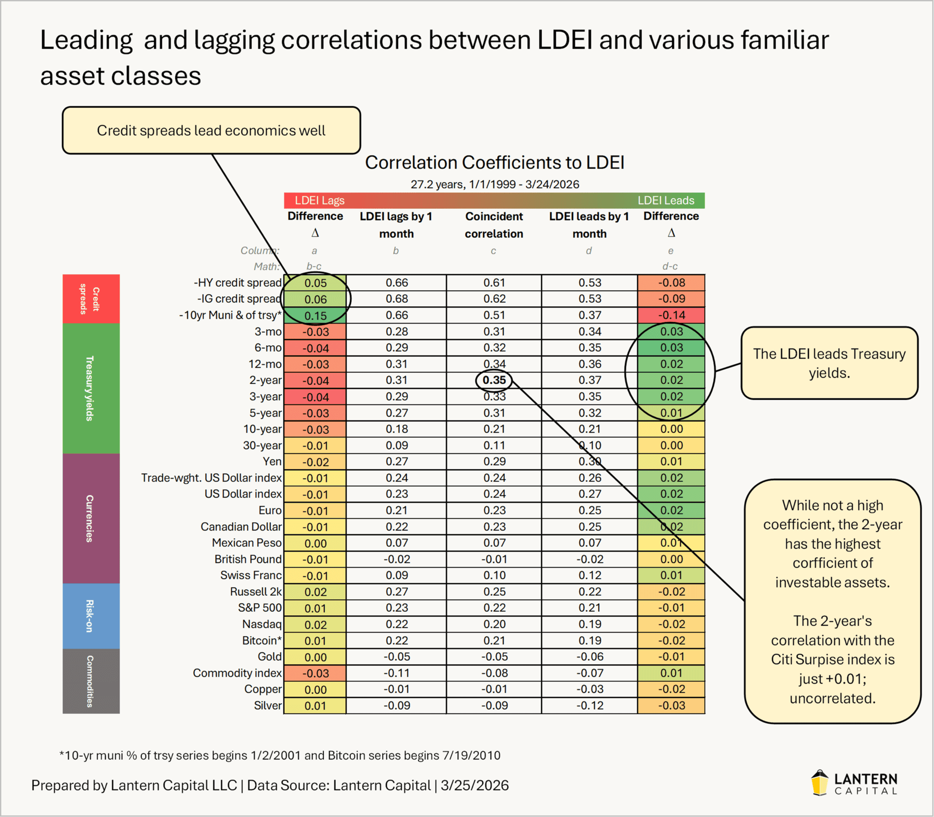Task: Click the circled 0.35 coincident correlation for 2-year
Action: pyautogui.click(x=494, y=380)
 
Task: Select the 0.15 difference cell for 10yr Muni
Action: pyautogui.click(x=315, y=315)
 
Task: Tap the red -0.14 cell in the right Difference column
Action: pyautogui.click(x=671, y=315)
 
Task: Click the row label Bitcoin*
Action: pyautogui.click(x=262, y=640)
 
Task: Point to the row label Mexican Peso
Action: pyautogui.click(x=247, y=543)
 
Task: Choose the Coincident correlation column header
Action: pyautogui.click(x=494, y=225)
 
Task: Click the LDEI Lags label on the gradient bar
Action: pyautogui.click(x=319, y=200)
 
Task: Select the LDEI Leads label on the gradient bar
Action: pyautogui.click(x=666, y=200)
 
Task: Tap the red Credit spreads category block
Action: pyautogui.click(x=91, y=299)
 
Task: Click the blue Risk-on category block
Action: pyautogui.click(x=91, y=616)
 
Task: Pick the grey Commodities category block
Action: pyautogui.click(x=91, y=681)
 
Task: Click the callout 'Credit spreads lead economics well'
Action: pyautogui.click(x=211, y=131)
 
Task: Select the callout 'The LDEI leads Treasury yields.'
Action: pyautogui.click(x=829, y=363)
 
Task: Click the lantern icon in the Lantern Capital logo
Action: pyautogui.click(x=820, y=783)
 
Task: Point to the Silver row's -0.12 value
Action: pyautogui.click(x=590, y=706)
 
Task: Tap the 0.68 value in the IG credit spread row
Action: pyautogui.click(x=397, y=299)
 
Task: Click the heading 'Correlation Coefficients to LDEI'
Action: pyautogui.click(x=494, y=162)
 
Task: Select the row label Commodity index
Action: pyautogui.click(x=237, y=673)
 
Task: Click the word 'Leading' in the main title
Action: pyautogui.click(x=86, y=41)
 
